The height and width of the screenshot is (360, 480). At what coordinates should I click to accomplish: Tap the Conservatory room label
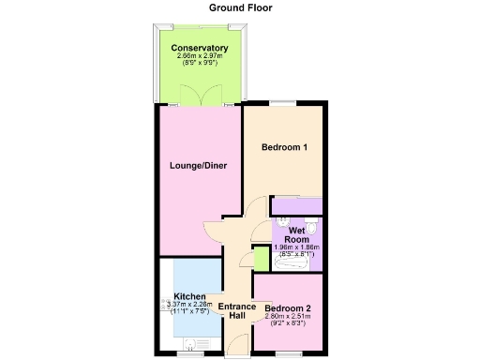click(200, 47)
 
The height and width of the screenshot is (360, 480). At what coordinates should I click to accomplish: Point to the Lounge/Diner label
click(199, 166)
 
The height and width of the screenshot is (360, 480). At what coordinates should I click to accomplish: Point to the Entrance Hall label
click(237, 311)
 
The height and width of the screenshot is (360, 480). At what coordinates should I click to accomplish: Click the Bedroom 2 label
click(288, 309)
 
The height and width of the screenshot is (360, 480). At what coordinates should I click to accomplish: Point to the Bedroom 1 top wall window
click(284, 106)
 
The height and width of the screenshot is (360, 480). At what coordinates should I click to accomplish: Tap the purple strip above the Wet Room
click(296, 205)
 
